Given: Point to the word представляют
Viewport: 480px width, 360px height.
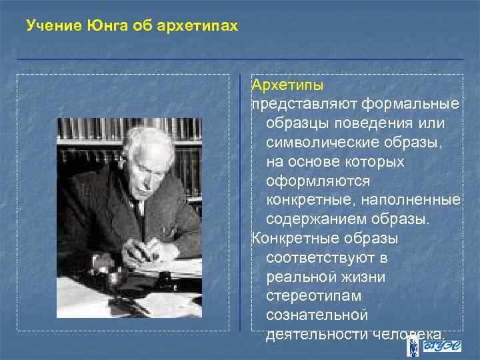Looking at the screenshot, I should (x=305, y=105).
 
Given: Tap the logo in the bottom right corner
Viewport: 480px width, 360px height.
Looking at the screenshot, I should (x=431, y=347).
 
